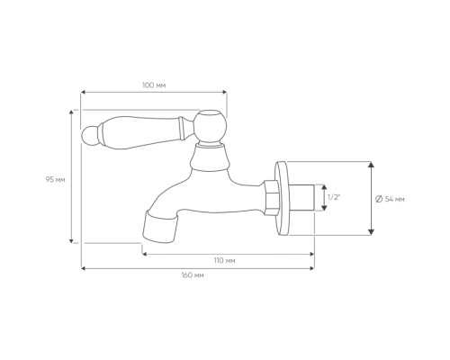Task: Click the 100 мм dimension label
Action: point(154,85)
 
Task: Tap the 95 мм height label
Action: point(56,180)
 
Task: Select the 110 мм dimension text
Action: point(225,260)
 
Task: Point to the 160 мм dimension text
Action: point(193,275)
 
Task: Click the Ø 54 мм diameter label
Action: point(390,199)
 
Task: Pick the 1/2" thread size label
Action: point(334,197)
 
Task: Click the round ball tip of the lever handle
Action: point(89,135)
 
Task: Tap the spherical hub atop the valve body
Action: point(210,126)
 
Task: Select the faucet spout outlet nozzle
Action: point(159,227)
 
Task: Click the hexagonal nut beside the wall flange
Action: point(272,197)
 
